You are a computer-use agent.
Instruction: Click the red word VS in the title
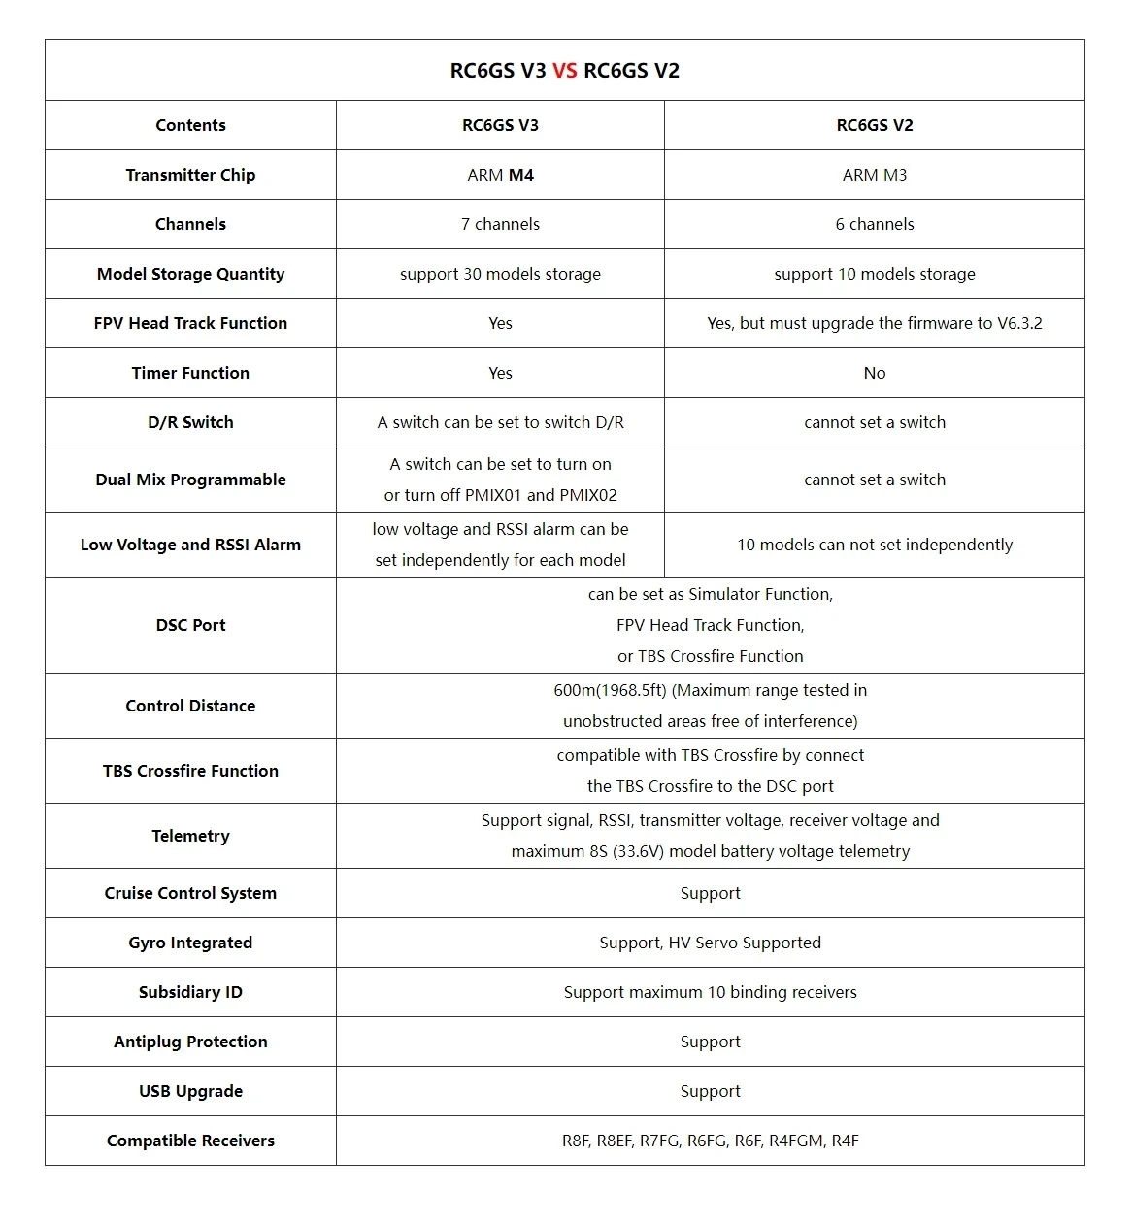[564, 71]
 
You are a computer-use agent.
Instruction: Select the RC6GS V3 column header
[500, 125]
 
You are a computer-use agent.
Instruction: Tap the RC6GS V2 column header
[874, 125]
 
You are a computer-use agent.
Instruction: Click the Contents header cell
[190, 125]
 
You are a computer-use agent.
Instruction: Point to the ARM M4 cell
[500, 175]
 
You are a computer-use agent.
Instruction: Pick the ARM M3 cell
[874, 175]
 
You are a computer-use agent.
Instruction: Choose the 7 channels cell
[500, 224]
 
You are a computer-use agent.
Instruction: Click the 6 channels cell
[874, 224]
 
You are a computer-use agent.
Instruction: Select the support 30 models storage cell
[500, 274]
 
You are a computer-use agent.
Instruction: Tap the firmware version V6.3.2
[1019, 323]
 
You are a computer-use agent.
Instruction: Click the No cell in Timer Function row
[874, 373]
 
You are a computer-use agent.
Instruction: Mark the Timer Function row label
[190, 373]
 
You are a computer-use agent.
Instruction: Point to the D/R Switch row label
[190, 422]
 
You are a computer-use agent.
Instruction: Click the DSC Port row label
[190, 625]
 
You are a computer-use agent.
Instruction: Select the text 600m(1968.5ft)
[610, 690]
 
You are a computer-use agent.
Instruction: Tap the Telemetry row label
[190, 836]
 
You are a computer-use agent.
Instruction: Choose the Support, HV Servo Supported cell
[710, 943]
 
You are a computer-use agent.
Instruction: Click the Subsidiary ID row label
[190, 992]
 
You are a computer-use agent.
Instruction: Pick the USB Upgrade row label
[190, 1091]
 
